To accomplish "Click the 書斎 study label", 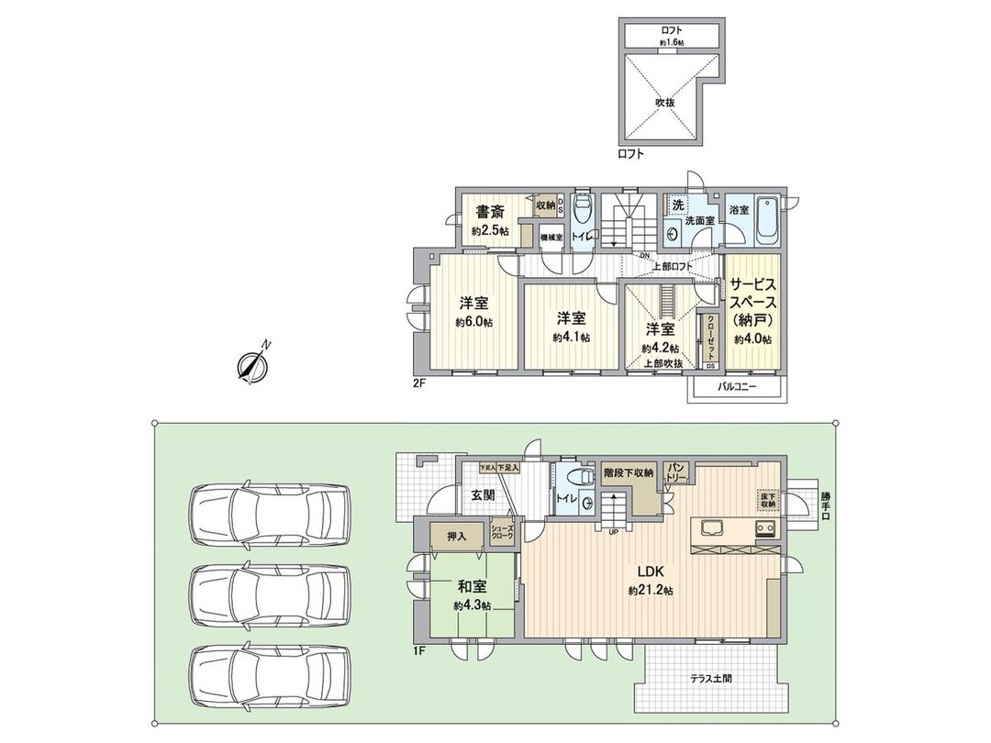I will tap(490, 212).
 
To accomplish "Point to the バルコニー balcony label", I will tap(736, 387).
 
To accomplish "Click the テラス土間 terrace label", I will tap(717, 680).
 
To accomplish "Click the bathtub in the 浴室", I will tap(767, 223).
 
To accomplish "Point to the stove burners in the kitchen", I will tap(766, 528).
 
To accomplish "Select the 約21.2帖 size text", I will tap(651, 592).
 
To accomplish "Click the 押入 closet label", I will tap(456, 535).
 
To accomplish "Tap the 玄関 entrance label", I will tap(484, 495).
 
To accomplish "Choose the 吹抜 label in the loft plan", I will tap(665, 103).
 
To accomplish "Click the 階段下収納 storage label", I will tap(628, 473).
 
